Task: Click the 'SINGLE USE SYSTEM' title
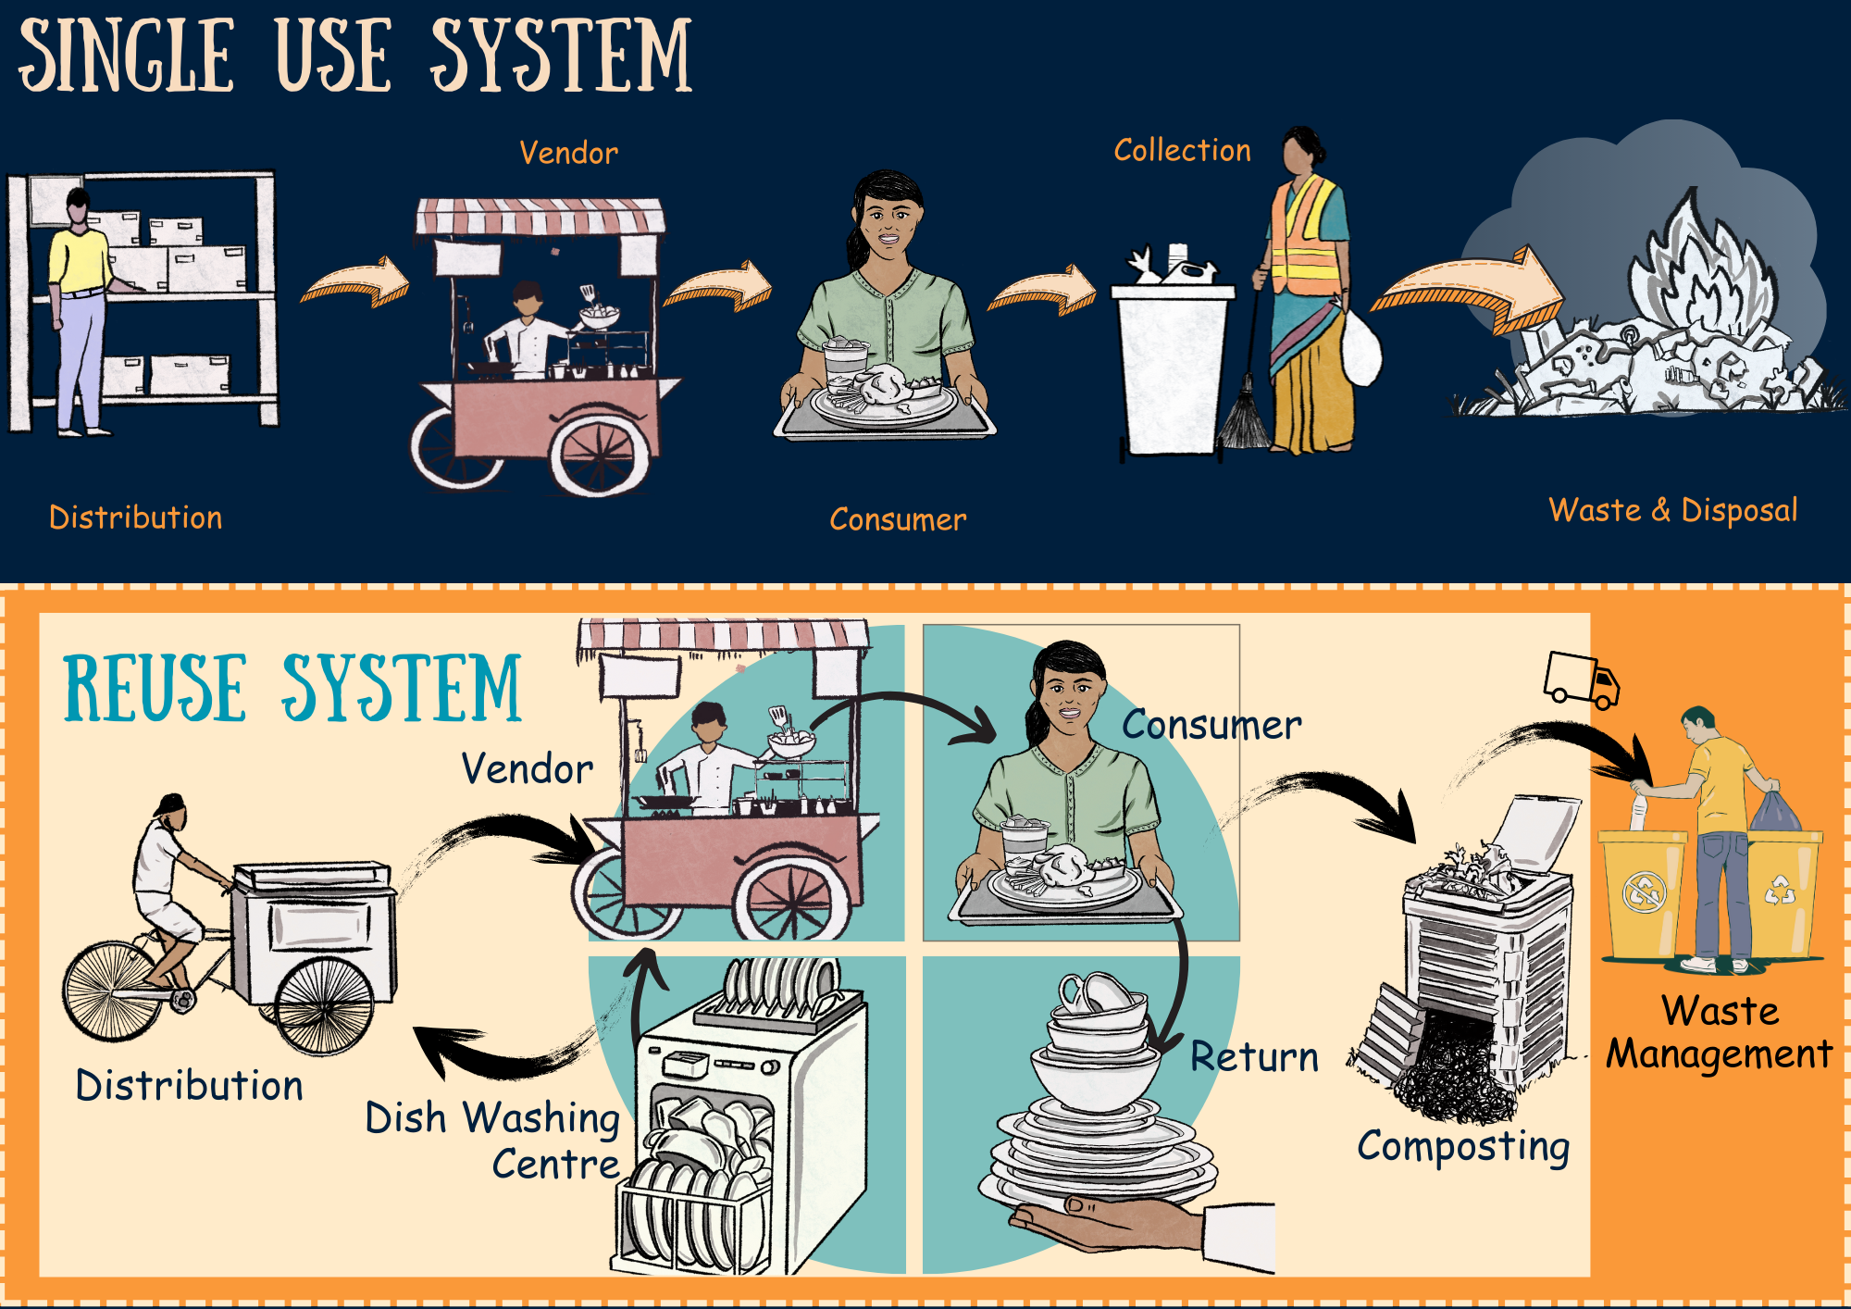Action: click(x=355, y=56)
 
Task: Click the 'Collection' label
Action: click(x=1182, y=150)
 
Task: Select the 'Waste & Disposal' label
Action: click(x=1673, y=510)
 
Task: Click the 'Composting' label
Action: click(x=1463, y=1146)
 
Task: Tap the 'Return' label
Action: click(x=1254, y=1056)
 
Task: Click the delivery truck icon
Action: click(x=1581, y=679)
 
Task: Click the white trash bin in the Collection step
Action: click(x=1170, y=370)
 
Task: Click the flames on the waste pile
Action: click(x=1703, y=268)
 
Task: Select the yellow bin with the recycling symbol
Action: click(x=1782, y=893)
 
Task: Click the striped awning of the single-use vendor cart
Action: click(x=540, y=217)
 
